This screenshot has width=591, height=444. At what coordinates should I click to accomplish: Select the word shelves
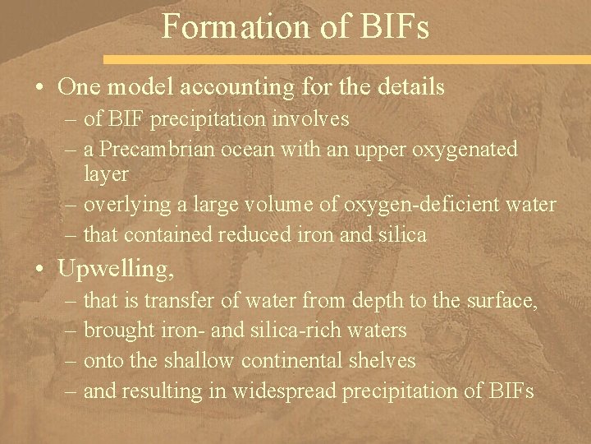point(387,360)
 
